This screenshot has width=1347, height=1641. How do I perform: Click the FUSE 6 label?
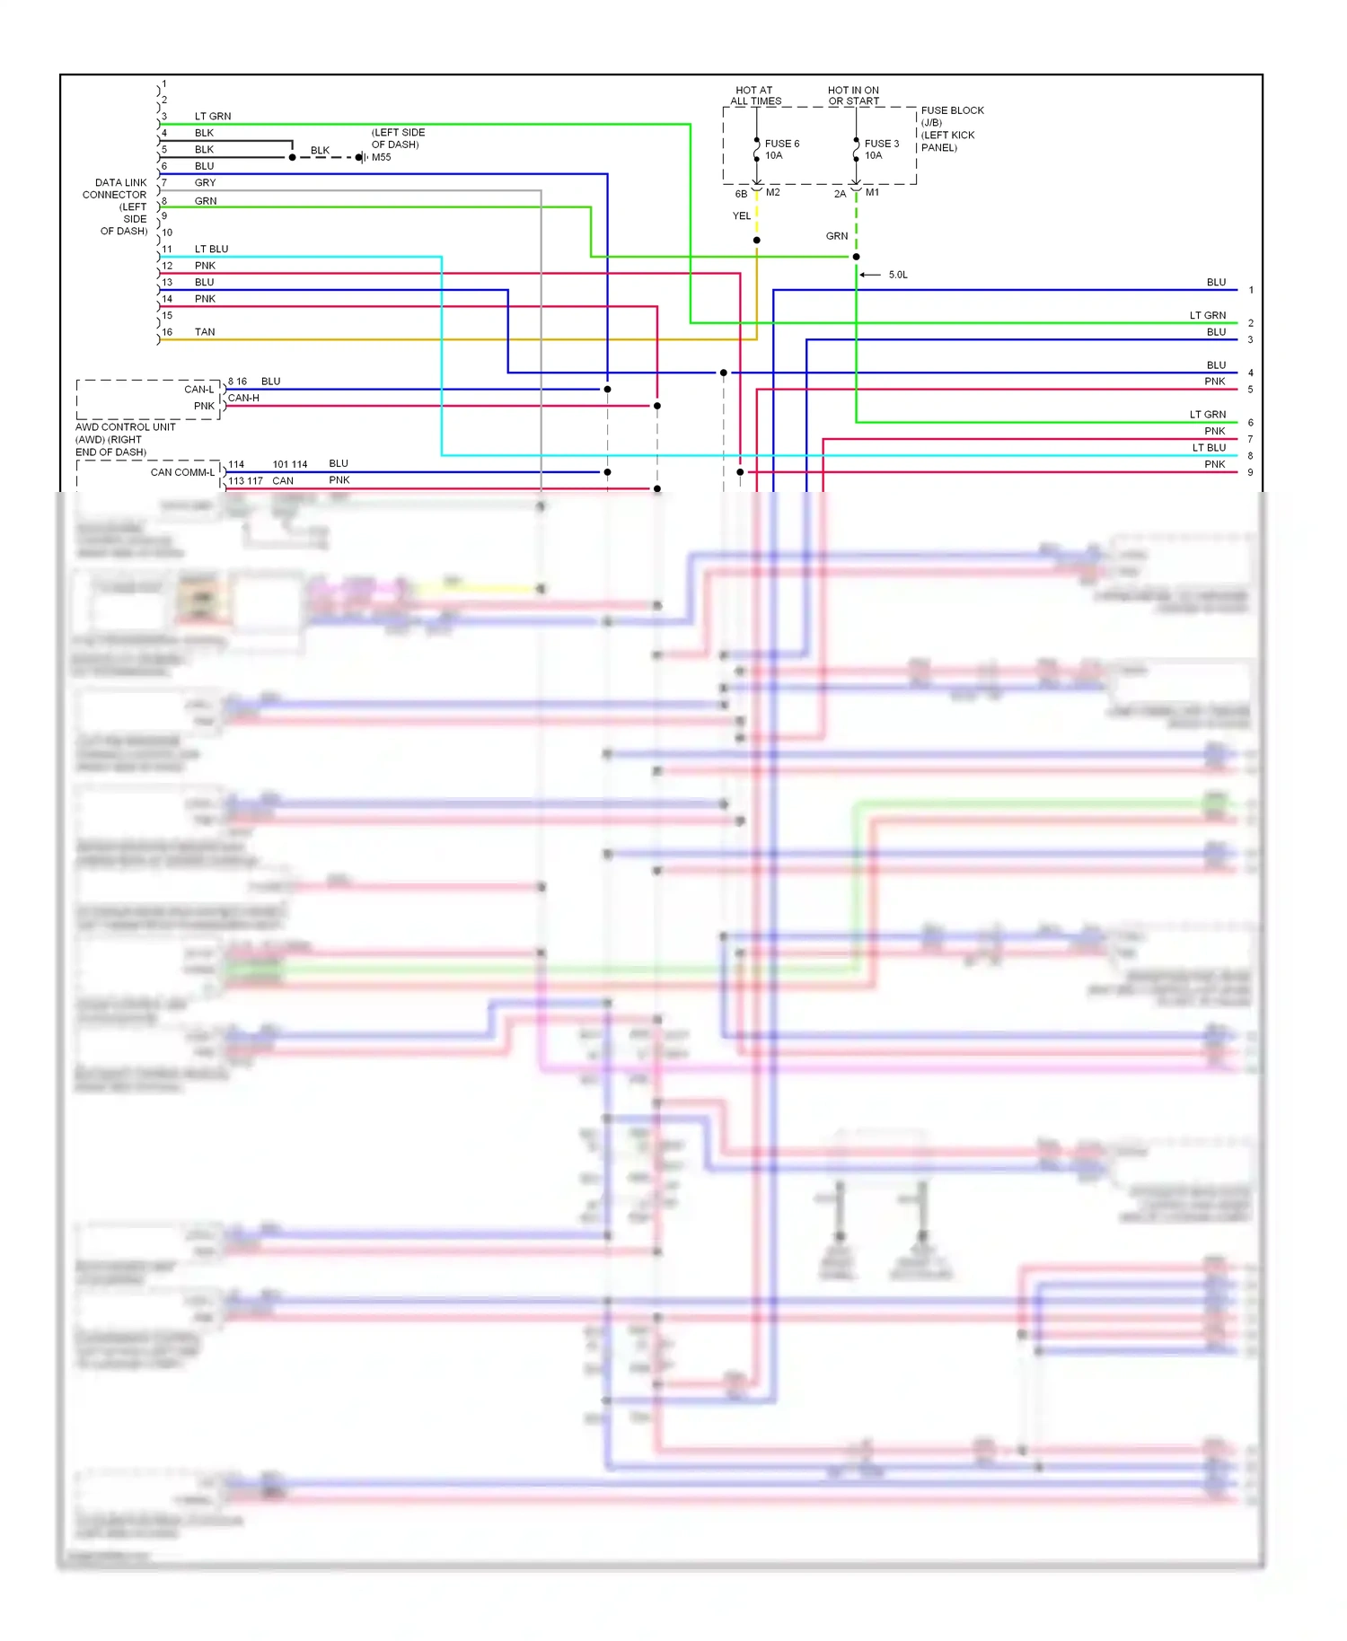pyautogui.click(x=781, y=144)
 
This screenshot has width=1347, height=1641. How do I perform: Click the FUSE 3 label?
pyautogui.click(x=881, y=144)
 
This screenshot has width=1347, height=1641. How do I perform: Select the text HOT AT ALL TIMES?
pyautogui.click(x=754, y=96)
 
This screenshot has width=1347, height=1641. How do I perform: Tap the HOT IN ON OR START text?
pyautogui.click(x=853, y=96)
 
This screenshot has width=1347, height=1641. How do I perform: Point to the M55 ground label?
pyautogui.click(x=382, y=157)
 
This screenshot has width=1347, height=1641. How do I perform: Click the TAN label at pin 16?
pyautogui.click(x=205, y=332)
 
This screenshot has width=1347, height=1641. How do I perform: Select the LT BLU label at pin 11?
pyautogui.click(x=211, y=249)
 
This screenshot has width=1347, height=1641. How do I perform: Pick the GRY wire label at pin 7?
pyautogui.click(x=205, y=183)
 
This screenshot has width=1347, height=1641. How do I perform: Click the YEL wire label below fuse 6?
pyautogui.click(x=742, y=216)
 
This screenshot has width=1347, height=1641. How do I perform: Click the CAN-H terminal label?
pyautogui.click(x=243, y=398)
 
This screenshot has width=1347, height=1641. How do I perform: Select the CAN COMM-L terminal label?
pyautogui.click(x=182, y=472)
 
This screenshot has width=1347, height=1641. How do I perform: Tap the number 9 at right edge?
pyautogui.click(x=1250, y=472)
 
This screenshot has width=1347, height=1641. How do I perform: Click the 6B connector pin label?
pyautogui.click(x=741, y=194)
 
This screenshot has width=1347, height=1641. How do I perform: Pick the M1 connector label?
pyautogui.click(x=872, y=192)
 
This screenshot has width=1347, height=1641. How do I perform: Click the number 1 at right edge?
pyautogui.click(x=1251, y=290)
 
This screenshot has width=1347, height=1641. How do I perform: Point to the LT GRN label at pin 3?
pyautogui.click(x=213, y=117)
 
